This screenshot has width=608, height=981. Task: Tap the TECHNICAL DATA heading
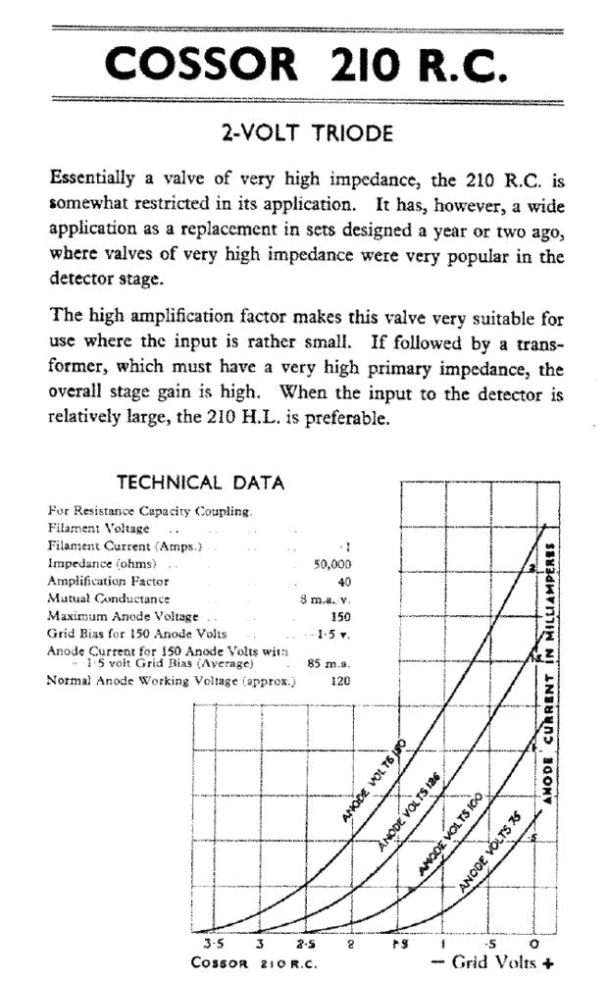200,483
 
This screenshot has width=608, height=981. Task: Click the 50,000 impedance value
331,564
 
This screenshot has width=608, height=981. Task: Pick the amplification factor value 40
343,581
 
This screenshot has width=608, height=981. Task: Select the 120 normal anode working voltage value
341,681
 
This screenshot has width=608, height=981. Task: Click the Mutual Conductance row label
108,598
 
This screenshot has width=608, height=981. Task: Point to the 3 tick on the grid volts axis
260,942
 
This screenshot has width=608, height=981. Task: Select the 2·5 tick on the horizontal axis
304,942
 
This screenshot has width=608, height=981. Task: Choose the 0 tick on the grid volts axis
533,942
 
